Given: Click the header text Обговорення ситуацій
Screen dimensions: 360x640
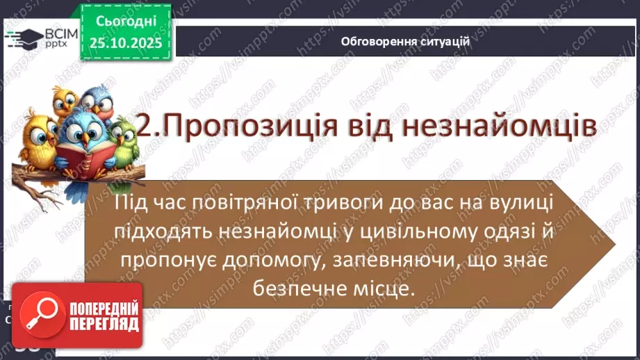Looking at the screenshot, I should (x=405, y=41).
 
